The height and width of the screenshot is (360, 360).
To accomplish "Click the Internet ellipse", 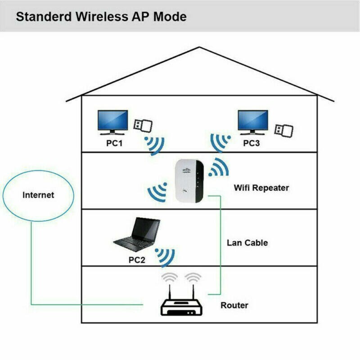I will point(38,195).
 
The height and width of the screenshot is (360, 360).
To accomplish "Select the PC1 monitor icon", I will point(112,123).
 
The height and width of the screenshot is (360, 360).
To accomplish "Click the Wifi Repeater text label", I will point(261,188).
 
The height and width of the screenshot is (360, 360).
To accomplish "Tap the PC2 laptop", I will point(137,234).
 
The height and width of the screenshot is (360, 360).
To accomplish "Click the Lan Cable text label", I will point(247,243).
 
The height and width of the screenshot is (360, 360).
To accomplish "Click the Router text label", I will point(234,306).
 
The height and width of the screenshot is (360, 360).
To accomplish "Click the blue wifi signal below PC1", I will point(155,145).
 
